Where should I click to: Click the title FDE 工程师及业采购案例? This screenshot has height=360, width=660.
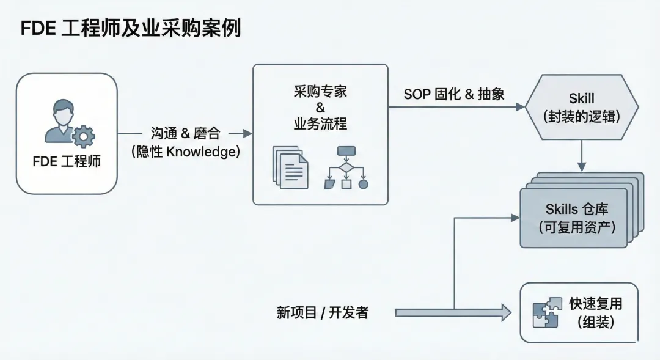131,29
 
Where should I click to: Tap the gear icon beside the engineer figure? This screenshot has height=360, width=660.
83,136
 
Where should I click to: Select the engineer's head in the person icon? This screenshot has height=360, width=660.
63,112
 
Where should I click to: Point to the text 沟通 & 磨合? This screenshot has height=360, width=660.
185,133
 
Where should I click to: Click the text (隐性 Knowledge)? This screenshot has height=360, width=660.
185,152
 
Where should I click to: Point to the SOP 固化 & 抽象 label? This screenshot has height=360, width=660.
455,95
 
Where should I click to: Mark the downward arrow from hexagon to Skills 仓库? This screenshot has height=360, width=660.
581,156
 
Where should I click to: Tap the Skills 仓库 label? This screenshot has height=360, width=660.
577,210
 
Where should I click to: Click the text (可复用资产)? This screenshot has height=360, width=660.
577,227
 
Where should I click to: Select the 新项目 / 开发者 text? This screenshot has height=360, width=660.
323,313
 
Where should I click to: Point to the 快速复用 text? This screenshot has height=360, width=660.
595,304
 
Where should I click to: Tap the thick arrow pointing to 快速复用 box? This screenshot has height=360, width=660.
452,313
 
